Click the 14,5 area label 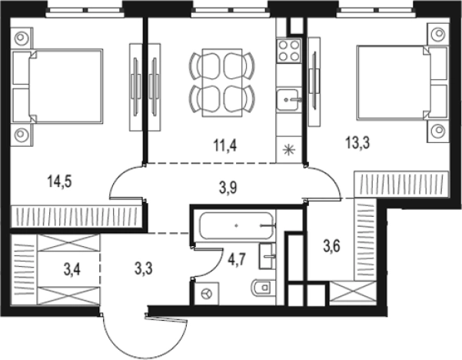pyautogui.click(x=59, y=182)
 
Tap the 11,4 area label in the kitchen pyautogui.click(x=225, y=145)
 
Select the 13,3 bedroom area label pyautogui.click(x=357, y=143)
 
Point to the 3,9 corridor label pyautogui.click(x=228, y=188)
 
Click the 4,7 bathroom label pyautogui.click(x=238, y=260)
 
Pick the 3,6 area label pyautogui.click(x=332, y=246)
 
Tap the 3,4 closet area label pyautogui.click(x=72, y=270)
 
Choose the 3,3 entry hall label pyautogui.click(x=144, y=268)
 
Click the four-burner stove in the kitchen pyautogui.click(x=289, y=51)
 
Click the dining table pyautogui.click(x=222, y=83)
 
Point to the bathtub pyautogui.click(x=236, y=225)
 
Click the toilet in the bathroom pyautogui.click(x=263, y=287)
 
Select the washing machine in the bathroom pyautogui.click(x=207, y=293)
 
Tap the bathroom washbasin pyautogui.click(x=268, y=256)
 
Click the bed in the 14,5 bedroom pyautogui.click(x=58, y=86)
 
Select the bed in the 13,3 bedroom pyautogui.click(x=402, y=83)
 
